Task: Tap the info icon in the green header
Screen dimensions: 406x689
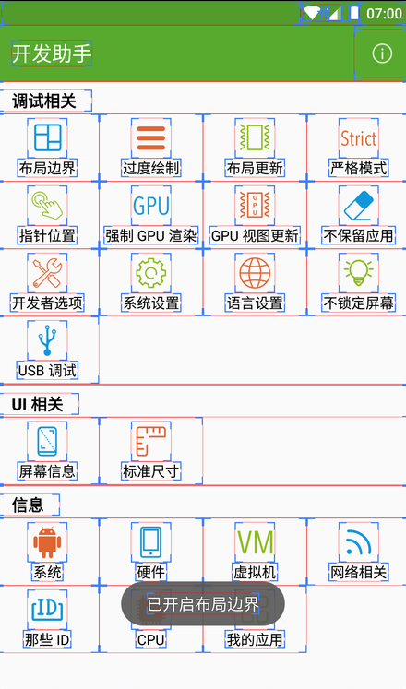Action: [x=382, y=53]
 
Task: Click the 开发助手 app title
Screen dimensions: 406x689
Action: [x=52, y=53]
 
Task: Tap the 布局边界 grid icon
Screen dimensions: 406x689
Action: [x=47, y=137]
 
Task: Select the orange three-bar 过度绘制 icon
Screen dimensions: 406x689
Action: [x=151, y=138]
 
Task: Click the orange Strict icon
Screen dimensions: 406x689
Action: [x=359, y=138]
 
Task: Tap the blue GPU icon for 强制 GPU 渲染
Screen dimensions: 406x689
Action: [x=151, y=205]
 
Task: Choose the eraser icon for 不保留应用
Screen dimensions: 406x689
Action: [x=359, y=205]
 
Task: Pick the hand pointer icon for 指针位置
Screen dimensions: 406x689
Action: [x=47, y=205]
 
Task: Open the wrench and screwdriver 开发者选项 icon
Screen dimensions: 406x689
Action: [x=47, y=273]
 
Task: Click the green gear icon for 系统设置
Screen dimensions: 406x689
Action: [x=151, y=273]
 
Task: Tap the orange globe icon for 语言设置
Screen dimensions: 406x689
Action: [x=255, y=273]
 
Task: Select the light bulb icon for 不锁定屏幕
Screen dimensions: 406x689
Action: [x=359, y=272]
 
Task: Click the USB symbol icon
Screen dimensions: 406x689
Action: [x=47, y=340]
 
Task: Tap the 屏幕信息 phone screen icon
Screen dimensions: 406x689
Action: [x=47, y=441]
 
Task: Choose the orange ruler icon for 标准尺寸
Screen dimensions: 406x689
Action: [x=151, y=441]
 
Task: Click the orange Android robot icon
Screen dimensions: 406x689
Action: [x=47, y=542]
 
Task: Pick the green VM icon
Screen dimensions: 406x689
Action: [x=255, y=542]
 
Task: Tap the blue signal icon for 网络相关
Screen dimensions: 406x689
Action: [x=359, y=541]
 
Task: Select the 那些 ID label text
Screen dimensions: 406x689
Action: [x=47, y=639]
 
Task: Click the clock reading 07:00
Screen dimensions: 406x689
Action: [x=384, y=14]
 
